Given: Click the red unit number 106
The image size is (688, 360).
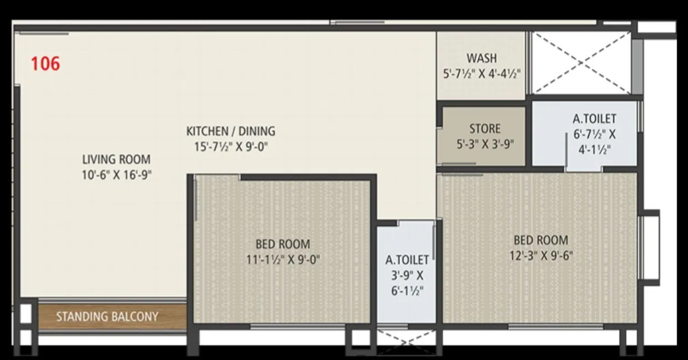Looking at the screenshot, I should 45,63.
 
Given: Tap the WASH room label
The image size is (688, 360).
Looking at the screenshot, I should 482,58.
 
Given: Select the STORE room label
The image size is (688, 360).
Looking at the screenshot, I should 485,129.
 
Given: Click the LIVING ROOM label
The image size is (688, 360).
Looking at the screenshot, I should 116,160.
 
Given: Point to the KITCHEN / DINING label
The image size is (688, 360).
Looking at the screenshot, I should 230,131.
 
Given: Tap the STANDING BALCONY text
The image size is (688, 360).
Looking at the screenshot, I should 107,317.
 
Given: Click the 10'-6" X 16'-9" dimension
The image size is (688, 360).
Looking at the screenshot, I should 116,175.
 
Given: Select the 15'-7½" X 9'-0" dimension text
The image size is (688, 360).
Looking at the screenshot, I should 230,147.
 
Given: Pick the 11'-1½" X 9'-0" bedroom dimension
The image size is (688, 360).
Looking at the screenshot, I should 283,259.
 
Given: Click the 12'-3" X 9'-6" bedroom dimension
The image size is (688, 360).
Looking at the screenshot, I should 540,256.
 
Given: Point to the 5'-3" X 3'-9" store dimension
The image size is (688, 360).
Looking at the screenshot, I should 485,144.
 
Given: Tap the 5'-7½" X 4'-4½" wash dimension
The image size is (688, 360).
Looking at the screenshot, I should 482,74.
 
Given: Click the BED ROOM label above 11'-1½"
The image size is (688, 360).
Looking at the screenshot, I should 283,244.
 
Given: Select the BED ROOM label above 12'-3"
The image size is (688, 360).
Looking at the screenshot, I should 540,240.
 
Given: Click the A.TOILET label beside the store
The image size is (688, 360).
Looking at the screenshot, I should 594,119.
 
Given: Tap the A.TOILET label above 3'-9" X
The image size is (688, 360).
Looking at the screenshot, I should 407,260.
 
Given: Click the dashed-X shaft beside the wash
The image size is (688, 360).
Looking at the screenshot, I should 581,62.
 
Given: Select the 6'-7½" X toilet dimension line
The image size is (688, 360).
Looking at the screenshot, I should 594,134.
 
